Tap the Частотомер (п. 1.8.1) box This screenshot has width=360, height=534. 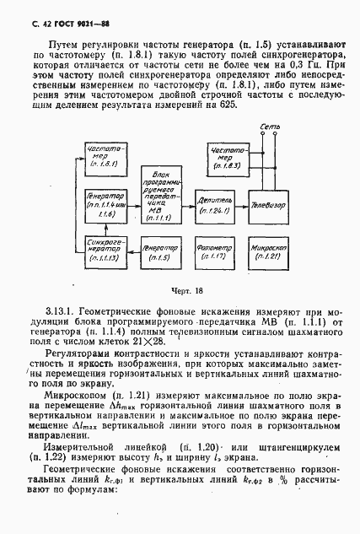[x=104, y=156]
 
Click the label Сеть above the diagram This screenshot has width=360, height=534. [x=269, y=127]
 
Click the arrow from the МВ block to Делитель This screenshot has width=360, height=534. [x=185, y=204]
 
